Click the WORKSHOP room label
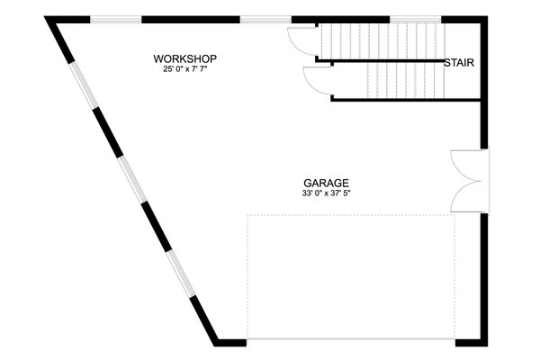[x=184, y=59]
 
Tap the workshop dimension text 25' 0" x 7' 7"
[x=184, y=70]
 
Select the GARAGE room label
[x=326, y=182]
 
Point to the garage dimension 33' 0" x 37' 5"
[x=326, y=193]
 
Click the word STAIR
[x=459, y=63]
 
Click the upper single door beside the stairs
[x=301, y=41]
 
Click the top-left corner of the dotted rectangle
[x=247, y=215]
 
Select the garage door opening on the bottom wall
[x=351, y=341]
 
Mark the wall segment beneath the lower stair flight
[x=405, y=99]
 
